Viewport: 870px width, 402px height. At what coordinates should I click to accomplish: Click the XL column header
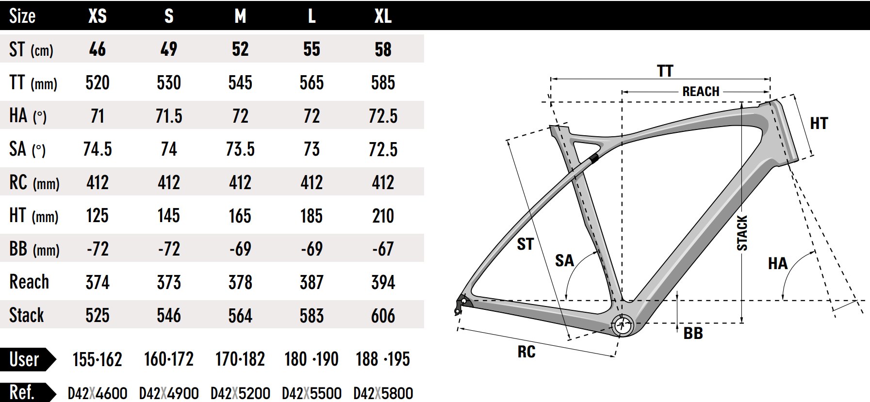click(383, 16)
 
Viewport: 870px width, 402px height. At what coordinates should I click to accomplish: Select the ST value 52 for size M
click(240, 49)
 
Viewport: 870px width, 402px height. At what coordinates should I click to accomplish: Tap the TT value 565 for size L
click(312, 82)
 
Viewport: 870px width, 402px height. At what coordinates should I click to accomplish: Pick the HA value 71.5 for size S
click(169, 116)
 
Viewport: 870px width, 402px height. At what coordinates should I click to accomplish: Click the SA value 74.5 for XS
click(98, 149)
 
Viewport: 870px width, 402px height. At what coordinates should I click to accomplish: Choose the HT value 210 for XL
click(383, 216)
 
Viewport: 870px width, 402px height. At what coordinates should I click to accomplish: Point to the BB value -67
click(383, 249)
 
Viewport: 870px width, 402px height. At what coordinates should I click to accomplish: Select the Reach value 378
click(240, 282)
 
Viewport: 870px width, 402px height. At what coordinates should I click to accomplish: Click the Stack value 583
click(312, 316)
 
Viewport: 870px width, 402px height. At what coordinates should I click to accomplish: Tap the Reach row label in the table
click(29, 282)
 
